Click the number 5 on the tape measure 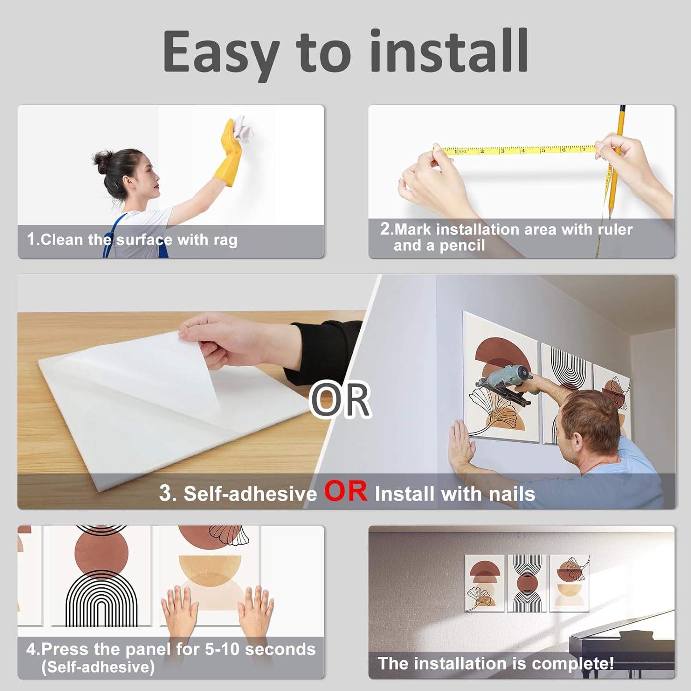click(543, 150)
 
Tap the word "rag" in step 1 click(225, 240)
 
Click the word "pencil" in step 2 click(462, 246)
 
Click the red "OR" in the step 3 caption click(346, 491)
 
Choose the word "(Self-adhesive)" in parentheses click(98, 667)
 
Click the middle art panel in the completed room click(527, 583)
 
